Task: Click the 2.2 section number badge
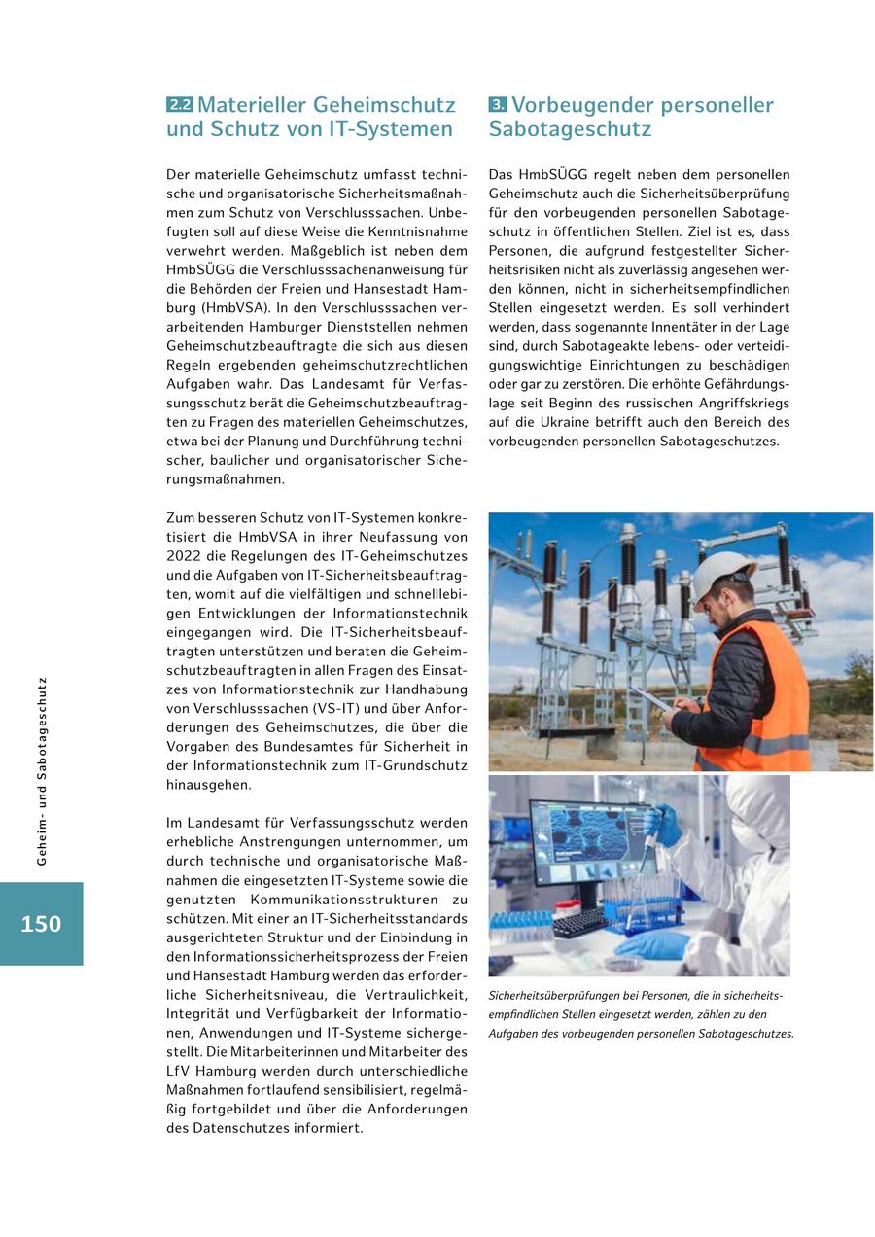[x=180, y=105]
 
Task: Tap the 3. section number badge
[x=498, y=105]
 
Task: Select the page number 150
[x=41, y=924]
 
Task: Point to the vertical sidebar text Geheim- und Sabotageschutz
[x=41, y=771]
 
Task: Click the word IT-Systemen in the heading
[x=400, y=129]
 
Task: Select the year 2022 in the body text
[x=185, y=555]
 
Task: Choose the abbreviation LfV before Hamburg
[x=181, y=1071]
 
